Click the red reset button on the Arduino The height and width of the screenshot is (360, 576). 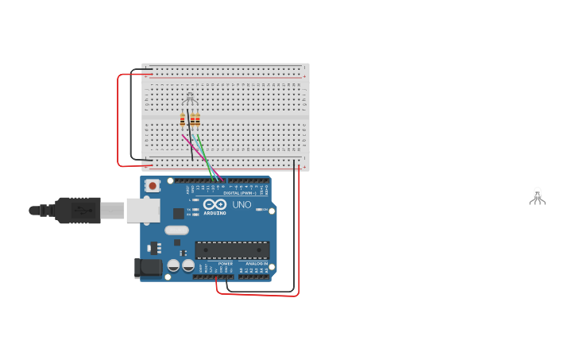(152, 186)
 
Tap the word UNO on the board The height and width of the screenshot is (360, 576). (242, 205)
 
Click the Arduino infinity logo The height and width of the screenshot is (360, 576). (215, 204)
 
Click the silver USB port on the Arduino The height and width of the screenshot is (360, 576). (143, 211)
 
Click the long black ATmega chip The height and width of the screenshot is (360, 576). (232, 250)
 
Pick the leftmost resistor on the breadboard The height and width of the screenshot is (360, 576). (183, 120)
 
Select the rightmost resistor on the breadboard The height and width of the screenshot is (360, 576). (198, 120)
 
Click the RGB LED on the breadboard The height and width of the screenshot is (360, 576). (189, 99)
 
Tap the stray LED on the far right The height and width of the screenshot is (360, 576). (537, 195)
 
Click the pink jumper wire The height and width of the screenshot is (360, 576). (191, 144)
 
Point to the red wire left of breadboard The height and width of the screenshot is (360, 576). (118, 119)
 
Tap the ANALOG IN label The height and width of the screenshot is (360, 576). (256, 263)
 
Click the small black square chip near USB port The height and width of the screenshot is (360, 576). (179, 213)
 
